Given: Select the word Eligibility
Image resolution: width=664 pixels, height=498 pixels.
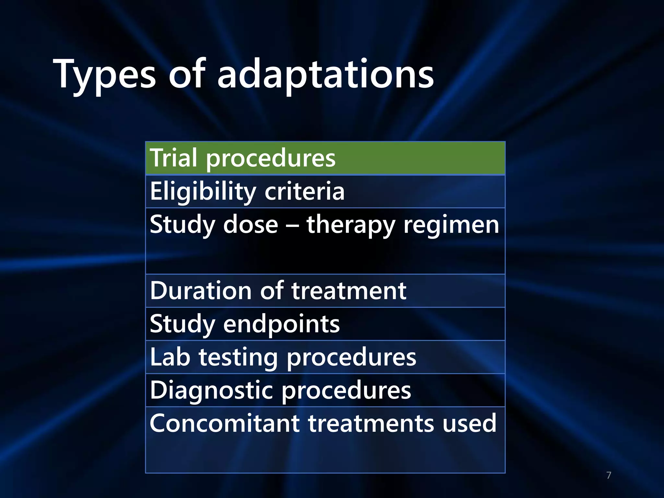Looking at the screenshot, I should [203, 191].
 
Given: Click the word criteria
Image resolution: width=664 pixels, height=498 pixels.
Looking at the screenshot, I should [304, 191].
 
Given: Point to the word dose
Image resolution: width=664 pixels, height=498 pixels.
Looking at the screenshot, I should [251, 225].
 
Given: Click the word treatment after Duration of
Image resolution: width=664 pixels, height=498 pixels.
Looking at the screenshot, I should [349, 290].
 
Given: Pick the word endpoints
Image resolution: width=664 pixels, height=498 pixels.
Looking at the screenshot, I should [281, 324].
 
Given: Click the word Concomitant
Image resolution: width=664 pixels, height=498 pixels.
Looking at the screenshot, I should [225, 423].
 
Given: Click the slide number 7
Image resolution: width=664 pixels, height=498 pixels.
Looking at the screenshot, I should [609, 475].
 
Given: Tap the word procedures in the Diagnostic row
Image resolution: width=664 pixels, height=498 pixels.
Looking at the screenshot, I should [346, 391].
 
